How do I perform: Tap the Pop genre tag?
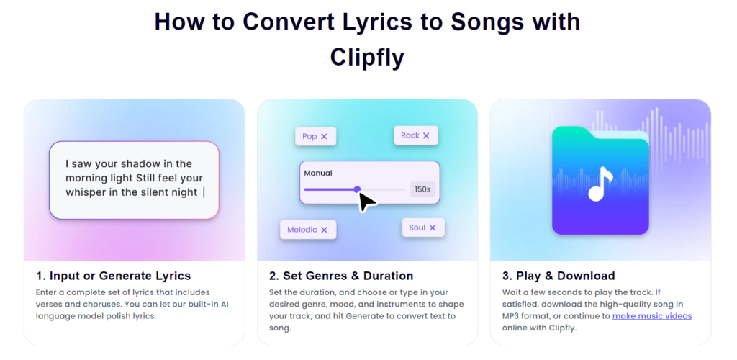[315, 136]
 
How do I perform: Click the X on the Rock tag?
[426, 135]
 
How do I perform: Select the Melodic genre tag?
[308, 230]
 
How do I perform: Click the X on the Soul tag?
[433, 228]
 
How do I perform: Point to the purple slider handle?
[357, 189]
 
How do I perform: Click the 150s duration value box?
[422, 189]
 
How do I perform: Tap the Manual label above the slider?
[317, 173]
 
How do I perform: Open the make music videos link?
[652, 316]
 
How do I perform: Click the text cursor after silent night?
[204, 192]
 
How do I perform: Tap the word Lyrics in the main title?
[327, 22]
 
